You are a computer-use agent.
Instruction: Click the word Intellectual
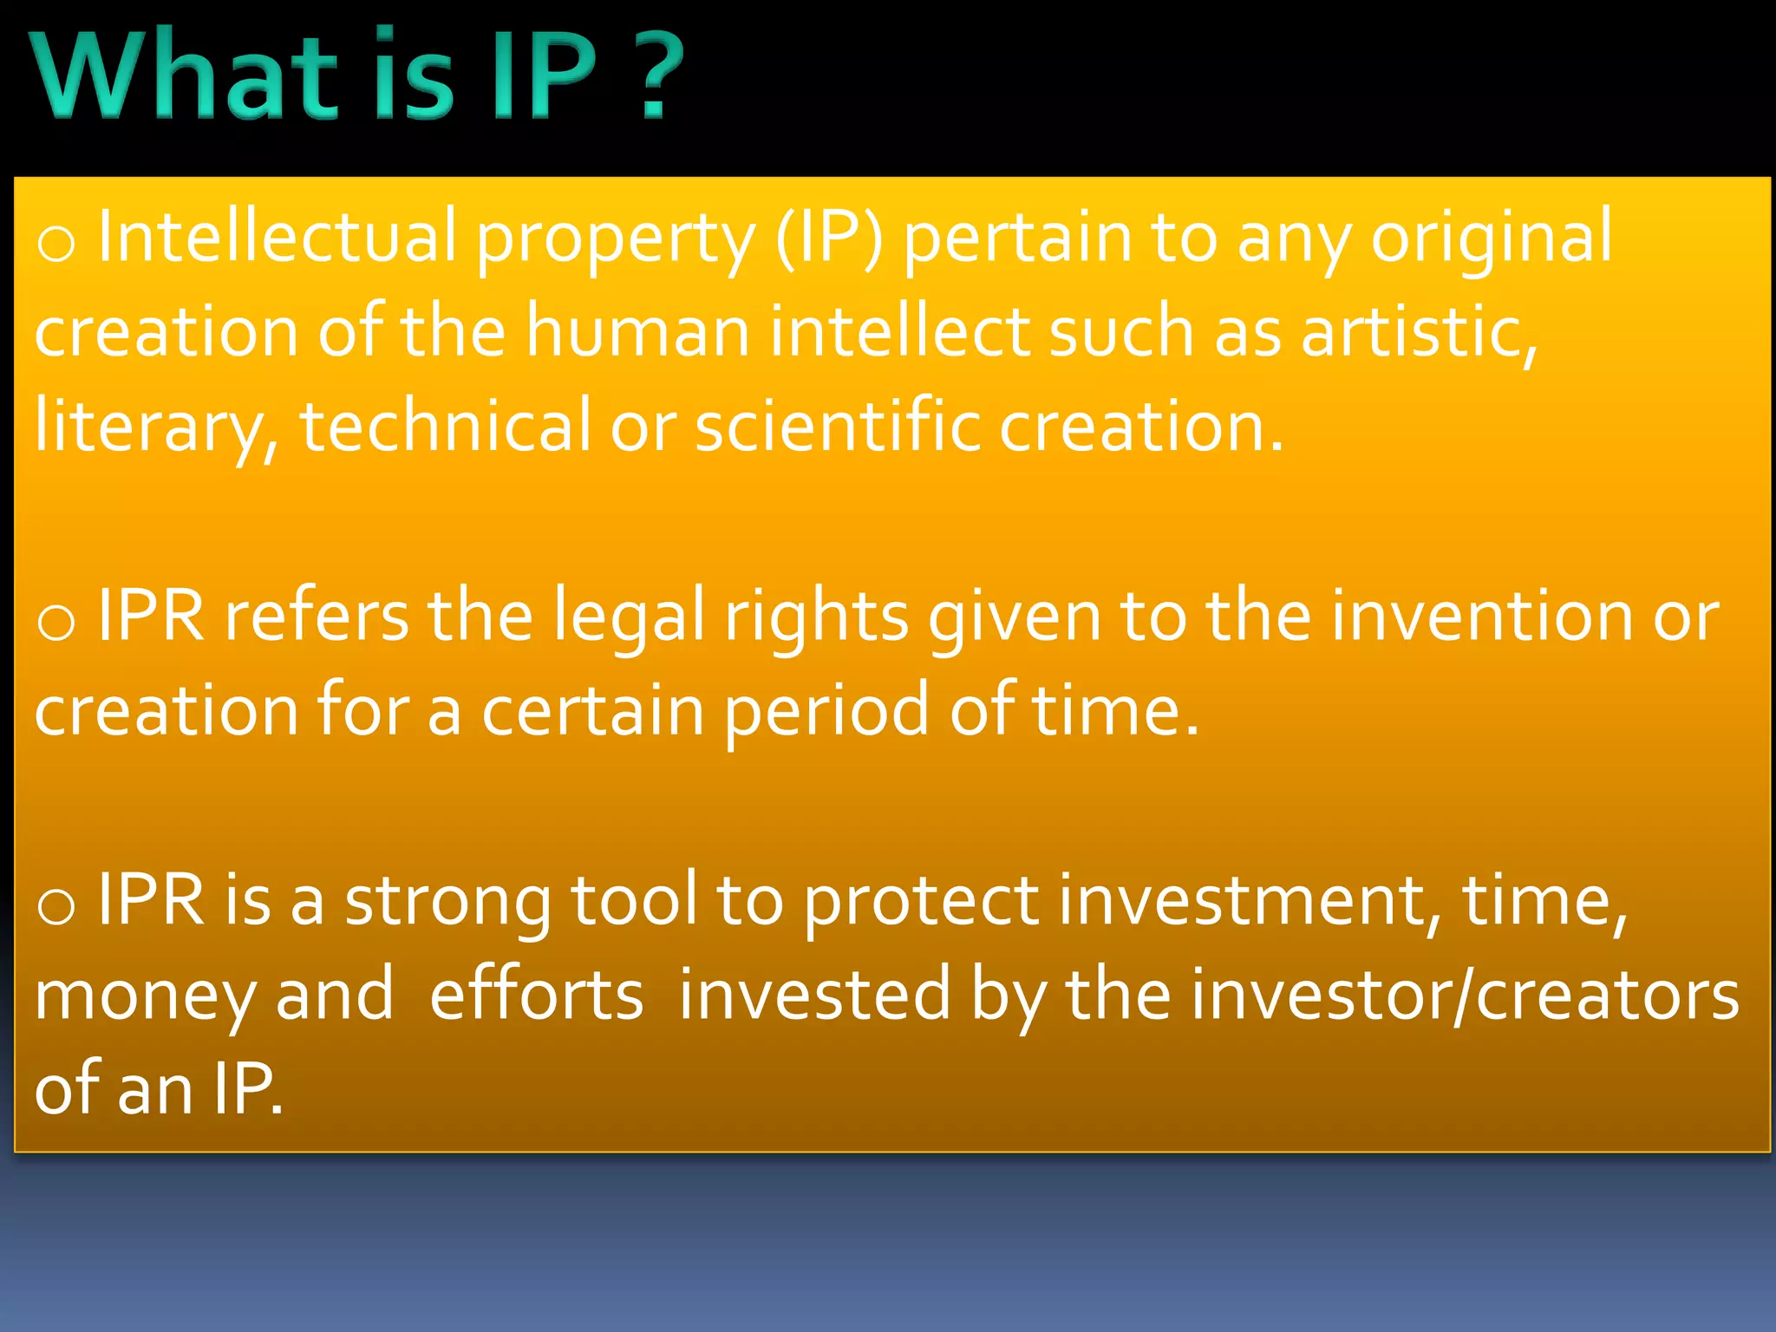[277, 236]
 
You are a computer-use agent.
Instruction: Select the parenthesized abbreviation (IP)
[829, 236]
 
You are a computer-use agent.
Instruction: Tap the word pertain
[1017, 236]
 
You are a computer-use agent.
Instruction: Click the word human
[638, 331]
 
